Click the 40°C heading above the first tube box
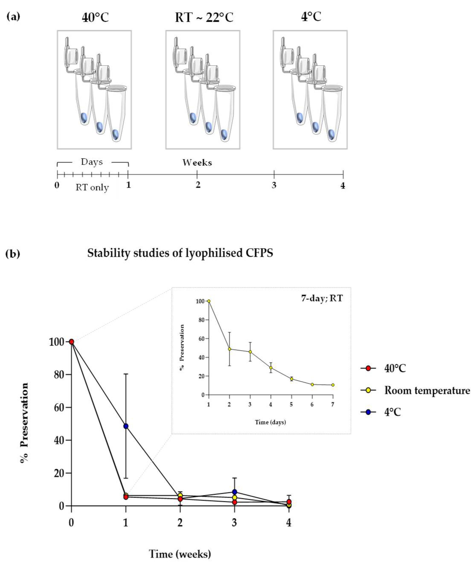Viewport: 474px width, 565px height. click(96, 18)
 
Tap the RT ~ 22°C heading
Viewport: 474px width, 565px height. click(204, 18)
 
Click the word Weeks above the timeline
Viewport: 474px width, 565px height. click(197, 163)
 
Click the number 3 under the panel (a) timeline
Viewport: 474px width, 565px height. click(274, 185)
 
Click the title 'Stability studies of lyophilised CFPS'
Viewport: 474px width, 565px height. click(180, 253)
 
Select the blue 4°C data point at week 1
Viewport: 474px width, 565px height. click(126, 426)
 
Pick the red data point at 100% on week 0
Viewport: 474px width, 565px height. click(71, 342)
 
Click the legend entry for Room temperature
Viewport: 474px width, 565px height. click(427, 390)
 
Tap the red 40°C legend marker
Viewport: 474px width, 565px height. click(368, 368)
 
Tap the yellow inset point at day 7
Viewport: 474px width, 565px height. click(333, 385)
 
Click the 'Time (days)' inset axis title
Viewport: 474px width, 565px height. click(270, 422)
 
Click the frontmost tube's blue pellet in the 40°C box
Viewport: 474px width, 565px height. click(116, 134)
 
